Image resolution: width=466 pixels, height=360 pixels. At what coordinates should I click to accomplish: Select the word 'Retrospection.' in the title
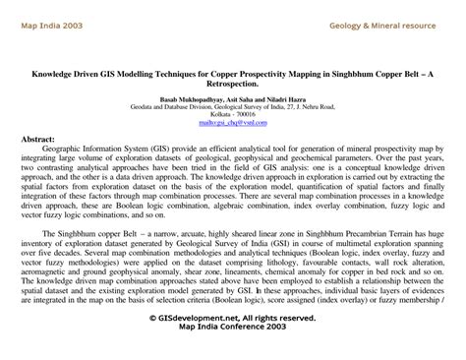tap(233, 85)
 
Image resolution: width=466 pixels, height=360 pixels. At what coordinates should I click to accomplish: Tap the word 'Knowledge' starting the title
tap(53, 73)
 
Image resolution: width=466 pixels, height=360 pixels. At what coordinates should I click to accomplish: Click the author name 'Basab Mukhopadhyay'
tap(187, 99)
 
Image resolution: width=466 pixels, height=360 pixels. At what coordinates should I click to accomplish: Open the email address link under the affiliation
tap(232, 124)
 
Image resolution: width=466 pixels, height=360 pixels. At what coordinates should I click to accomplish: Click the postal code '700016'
tap(253, 115)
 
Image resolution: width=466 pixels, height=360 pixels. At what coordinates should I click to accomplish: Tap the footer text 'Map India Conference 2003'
tap(232, 329)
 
